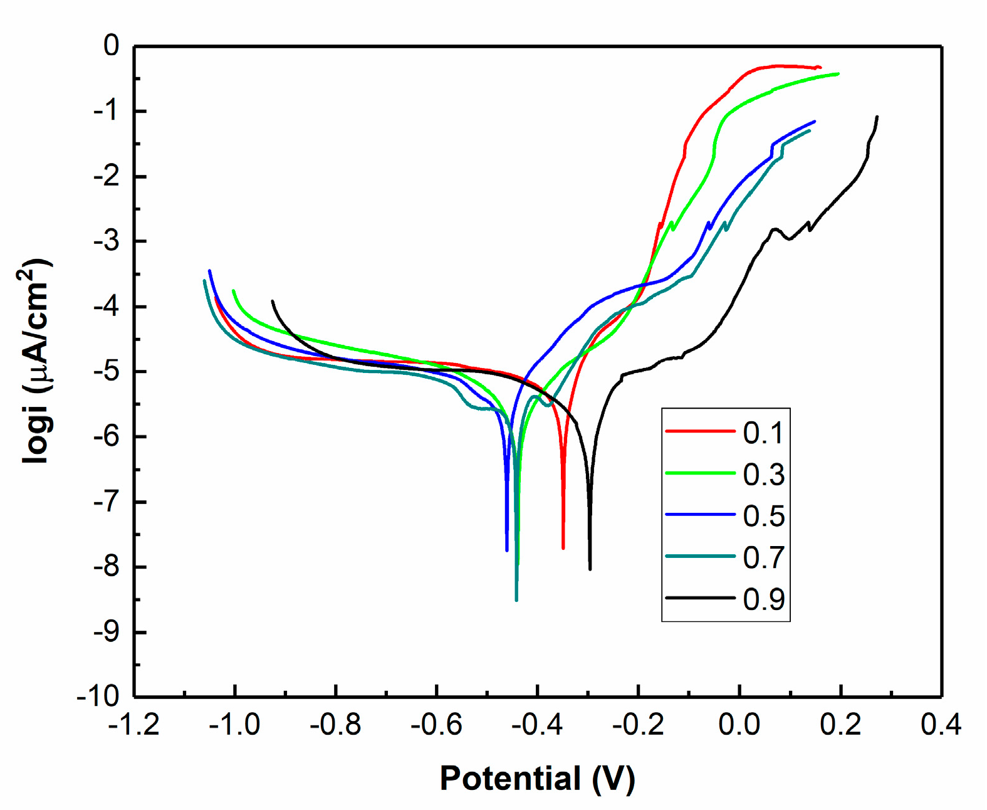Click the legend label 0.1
[763, 433]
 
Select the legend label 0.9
[763, 599]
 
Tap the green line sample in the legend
[699, 473]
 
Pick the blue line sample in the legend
[699, 515]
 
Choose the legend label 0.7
[763, 557]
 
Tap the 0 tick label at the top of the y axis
[112, 46]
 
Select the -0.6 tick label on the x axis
[436, 725]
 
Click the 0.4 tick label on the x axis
[941, 725]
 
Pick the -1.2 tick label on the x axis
[133, 725]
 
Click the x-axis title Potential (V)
[537, 778]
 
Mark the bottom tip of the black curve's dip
[590, 569]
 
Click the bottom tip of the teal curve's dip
[516, 600]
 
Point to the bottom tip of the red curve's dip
[563, 549]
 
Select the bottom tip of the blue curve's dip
[506, 550]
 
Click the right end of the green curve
[838, 73]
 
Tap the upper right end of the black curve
[877, 117]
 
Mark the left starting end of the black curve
[272, 301]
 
